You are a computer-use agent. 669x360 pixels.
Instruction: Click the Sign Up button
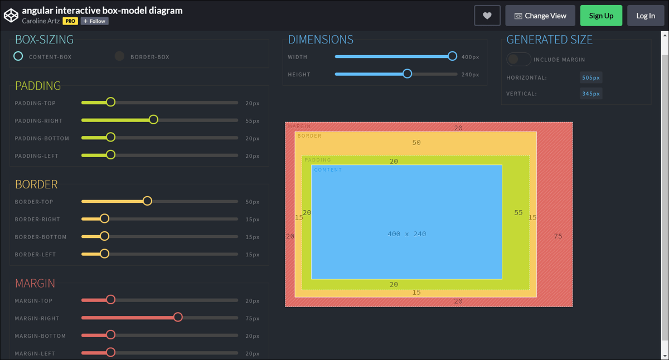pos(601,16)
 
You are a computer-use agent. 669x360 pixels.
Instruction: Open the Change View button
pos(540,16)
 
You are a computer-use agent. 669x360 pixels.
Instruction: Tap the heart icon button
pos(487,16)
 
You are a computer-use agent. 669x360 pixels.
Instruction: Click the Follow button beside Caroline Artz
pos(94,21)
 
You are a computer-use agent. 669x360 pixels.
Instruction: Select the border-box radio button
pos(119,56)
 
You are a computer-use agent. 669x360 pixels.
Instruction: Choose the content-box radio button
pos(18,56)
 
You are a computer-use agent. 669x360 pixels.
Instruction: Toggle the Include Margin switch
pos(518,59)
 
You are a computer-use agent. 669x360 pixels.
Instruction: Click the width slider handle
pos(452,56)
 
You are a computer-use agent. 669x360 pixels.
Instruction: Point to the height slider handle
pos(408,74)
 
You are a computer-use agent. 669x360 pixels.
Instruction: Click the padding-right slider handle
pos(153,120)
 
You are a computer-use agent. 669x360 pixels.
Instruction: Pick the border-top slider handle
pos(147,201)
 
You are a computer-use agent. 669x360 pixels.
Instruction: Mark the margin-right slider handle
pos(178,318)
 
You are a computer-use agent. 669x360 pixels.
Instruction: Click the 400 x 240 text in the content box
pos(406,234)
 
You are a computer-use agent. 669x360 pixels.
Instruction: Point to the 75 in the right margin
pos(558,236)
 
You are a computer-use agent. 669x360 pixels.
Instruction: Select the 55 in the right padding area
pos(518,213)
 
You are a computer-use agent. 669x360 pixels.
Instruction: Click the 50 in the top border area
pos(416,143)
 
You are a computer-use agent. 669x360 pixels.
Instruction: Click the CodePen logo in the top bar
pos(11,16)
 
